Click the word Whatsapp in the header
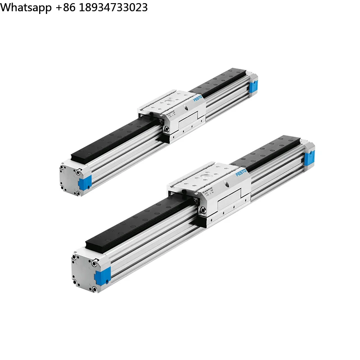coord(26,8)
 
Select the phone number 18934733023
coord(114,8)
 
